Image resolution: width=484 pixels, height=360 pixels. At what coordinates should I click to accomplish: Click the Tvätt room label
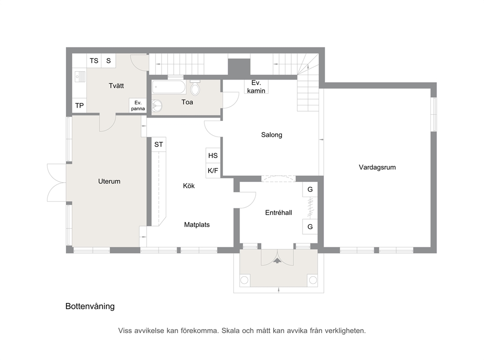(117, 86)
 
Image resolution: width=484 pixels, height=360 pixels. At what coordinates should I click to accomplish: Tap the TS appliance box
(94, 61)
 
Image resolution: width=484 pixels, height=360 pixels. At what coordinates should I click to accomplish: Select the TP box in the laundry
(80, 106)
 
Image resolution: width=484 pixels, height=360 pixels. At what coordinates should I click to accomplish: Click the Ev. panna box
(138, 105)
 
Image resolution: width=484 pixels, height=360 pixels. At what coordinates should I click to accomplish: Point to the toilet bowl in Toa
(195, 88)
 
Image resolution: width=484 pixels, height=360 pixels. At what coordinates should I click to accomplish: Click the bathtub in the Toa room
(169, 87)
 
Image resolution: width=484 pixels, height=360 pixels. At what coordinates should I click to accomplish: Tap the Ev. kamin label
(256, 87)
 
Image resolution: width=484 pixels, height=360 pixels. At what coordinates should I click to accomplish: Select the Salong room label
(272, 135)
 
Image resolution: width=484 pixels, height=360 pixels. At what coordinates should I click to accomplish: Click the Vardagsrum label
(377, 167)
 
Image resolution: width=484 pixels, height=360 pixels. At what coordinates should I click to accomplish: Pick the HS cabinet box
(213, 156)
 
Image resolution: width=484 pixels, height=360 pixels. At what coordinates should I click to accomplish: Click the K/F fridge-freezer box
(213, 171)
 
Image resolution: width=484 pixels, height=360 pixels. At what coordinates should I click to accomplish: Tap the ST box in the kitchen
(159, 144)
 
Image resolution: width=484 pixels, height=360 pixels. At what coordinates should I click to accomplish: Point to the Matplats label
(197, 224)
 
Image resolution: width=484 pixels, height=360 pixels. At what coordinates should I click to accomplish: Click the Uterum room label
(109, 181)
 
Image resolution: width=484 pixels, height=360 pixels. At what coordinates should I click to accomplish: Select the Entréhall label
(279, 213)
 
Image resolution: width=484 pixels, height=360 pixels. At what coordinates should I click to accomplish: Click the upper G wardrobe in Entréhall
(310, 189)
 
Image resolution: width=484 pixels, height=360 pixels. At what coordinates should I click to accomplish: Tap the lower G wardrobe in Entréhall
(310, 227)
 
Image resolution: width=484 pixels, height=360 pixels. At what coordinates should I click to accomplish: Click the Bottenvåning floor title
(90, 306)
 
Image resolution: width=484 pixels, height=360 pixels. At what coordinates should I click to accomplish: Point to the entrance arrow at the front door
(278, 260)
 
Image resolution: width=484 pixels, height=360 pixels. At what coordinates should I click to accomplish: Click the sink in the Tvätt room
(80, 77)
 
